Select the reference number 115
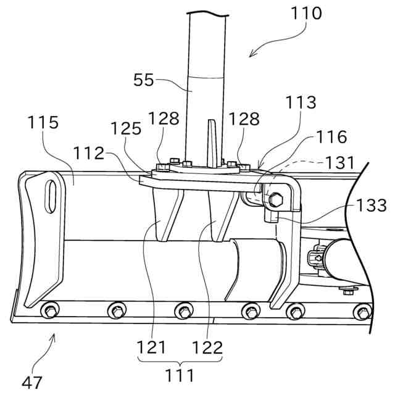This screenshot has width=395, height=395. coord(43,122)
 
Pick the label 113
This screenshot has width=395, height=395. coord(301,102)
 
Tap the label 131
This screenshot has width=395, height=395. coord(339,164)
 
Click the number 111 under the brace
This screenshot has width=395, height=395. coord(180,375)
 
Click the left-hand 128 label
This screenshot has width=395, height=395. coord(165,118)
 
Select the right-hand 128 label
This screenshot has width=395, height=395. coord(245,118)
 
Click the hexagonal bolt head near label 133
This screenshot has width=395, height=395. coord(275,199)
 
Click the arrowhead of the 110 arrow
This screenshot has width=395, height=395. coord(249,56)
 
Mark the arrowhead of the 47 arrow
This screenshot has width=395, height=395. coord(56,335)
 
